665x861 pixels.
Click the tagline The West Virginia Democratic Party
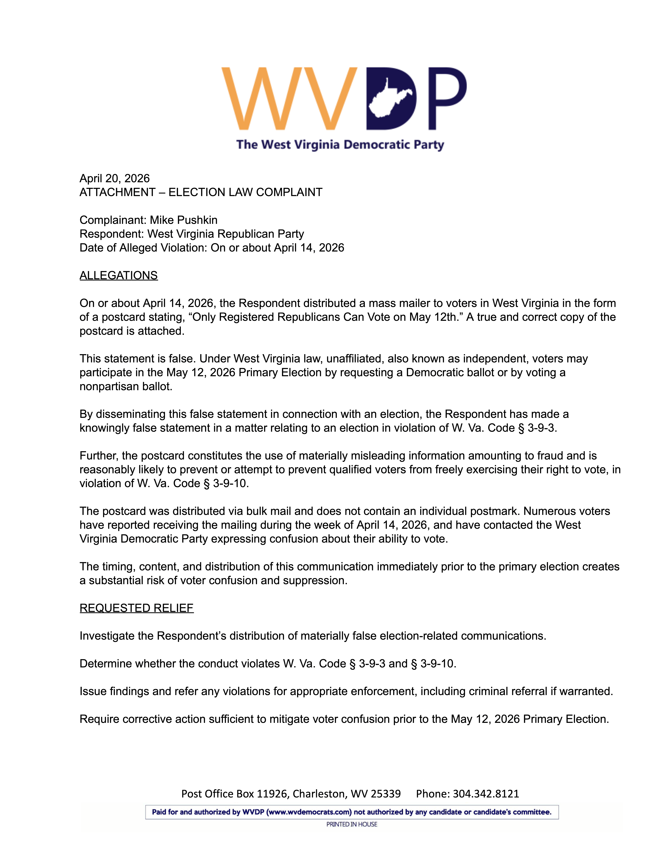tap(340, 145)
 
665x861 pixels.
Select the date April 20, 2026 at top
tap(115, 179)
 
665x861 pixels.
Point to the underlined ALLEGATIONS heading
tap(119, 275)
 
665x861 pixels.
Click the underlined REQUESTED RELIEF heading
tap(136, 608)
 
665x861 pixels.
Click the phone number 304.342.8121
tap(486, 794)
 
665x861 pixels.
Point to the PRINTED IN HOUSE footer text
tap(351, 824)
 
